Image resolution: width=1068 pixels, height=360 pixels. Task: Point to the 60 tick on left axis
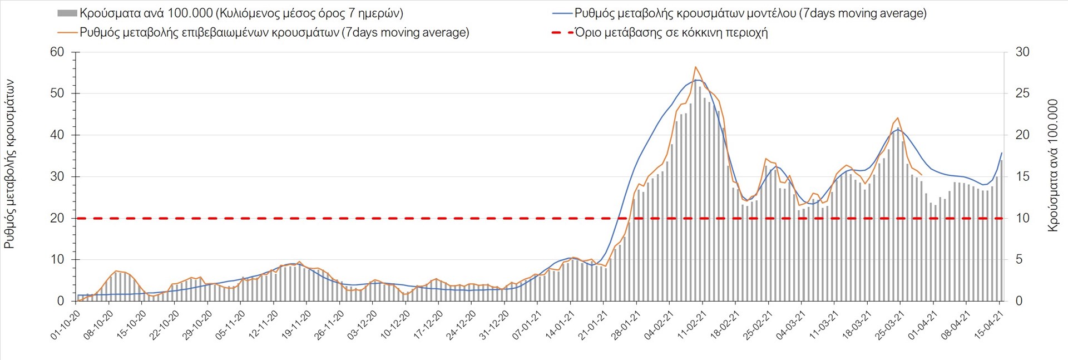coord(57,52)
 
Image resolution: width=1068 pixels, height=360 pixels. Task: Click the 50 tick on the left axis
coord(57,93)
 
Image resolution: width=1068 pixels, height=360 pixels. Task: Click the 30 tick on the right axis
coord(1022,52)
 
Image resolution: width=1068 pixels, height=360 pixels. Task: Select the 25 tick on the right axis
coord(1022,93)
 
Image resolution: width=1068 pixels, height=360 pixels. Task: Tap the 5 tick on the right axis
coord(1020,259)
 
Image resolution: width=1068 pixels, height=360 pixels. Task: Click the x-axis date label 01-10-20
coord(66,325)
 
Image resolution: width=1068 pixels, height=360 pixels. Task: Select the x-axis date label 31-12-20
coord(494,325)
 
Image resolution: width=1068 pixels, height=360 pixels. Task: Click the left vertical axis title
coord(9,164)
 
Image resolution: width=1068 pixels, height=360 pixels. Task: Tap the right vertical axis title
coord(1052,165)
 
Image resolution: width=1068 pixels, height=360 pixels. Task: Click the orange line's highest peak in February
coord(695,67)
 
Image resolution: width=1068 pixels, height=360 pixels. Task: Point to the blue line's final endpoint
coord(1002,153)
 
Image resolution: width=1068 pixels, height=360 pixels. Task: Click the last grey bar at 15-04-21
coord(1001,230)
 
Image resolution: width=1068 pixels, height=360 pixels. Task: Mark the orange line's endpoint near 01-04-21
coord(922,175)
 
